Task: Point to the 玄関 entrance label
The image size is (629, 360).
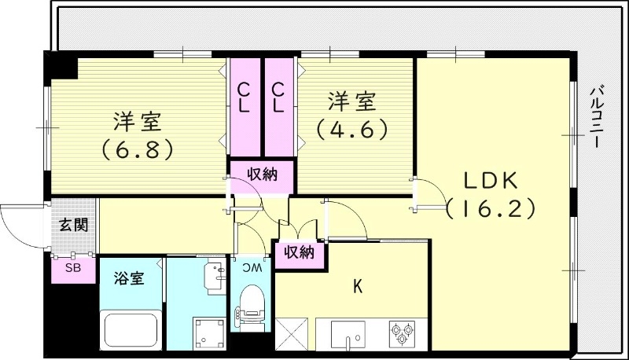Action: [74, 225]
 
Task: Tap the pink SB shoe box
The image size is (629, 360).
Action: [72, 268]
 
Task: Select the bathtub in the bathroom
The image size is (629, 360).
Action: [131, 329]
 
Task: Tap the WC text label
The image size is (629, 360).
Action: [252, 269]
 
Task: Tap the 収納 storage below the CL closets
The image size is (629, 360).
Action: [262, 174]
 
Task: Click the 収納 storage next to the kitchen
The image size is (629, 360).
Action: [299, 253]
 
